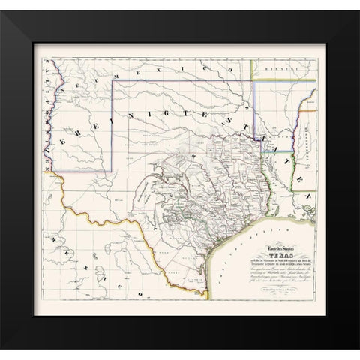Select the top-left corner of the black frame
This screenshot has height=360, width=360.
(x=3, y=3)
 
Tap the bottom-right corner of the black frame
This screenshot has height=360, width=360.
(x=357, y=357)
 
